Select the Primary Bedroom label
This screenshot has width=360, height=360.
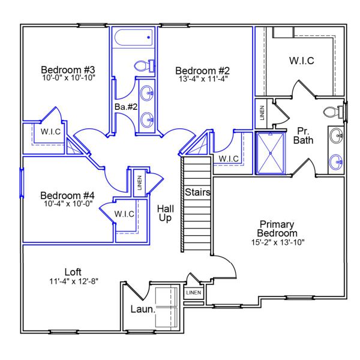tap(277, 229)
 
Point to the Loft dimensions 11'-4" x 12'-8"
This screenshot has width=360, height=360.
tap(73, 281)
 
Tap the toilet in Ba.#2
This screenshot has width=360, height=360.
tap(144, 65)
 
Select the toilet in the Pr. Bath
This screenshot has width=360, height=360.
tap(332, 112)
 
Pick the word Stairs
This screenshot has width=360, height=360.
tap(197, 193)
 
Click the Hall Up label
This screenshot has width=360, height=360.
tap(165, 213)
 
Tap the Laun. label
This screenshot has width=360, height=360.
tap(143, 310)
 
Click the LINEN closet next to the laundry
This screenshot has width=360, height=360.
tap(194, 293)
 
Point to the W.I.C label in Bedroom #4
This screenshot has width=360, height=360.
tap(124, 214)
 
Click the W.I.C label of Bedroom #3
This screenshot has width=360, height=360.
tap(51, 131)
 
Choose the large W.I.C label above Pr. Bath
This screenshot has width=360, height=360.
tap(302, 61)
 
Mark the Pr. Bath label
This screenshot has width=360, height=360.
tap(304, 136)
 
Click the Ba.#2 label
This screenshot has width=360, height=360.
tap(127, 107)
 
